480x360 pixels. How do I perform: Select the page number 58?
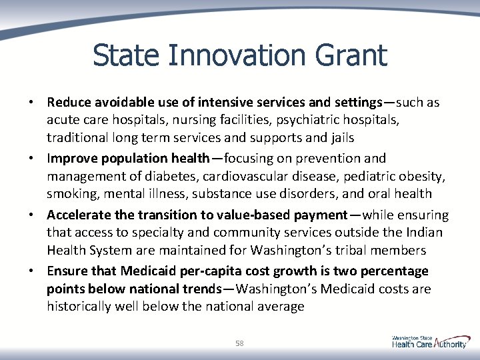(240, 343)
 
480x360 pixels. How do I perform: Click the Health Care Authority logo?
(429, 342)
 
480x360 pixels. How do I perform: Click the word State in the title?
(125, 55)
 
